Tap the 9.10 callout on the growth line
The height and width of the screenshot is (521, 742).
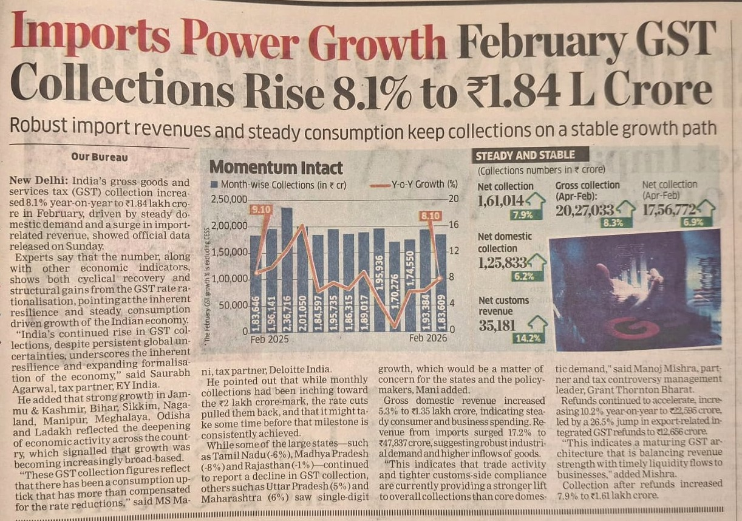[258, 209]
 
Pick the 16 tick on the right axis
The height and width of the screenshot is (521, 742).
[453, 225]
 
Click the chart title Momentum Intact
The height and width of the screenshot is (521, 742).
[276, 168]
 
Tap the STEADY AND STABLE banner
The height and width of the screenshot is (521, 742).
[525, 155]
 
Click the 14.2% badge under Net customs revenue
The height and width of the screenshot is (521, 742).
[527, 338]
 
